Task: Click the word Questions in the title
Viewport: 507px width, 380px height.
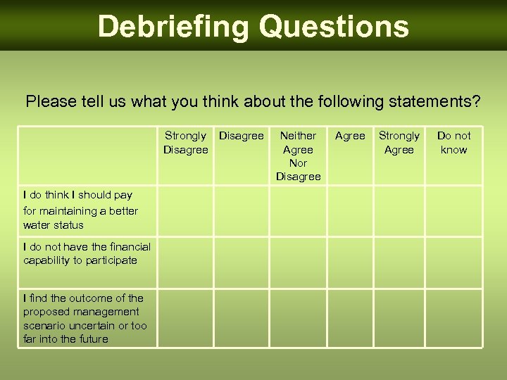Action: click(334, 27)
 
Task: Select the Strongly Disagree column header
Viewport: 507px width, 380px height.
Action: click(186, 142)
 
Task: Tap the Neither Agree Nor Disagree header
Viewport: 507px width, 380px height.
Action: click(298, 156)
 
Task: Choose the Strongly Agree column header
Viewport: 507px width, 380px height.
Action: click(399, 142)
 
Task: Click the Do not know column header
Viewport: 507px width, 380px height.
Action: click(453, 142)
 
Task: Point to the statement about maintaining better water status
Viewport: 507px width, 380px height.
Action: click(80, 210)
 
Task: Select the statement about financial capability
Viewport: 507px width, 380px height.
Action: click(87, 253)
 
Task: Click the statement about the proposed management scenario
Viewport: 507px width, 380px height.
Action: click(85, 318)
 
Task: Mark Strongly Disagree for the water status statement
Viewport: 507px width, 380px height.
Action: click(186, 210)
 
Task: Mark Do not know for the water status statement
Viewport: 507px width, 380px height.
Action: click(453, 210)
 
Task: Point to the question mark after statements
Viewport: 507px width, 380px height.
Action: click(477, 101)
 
